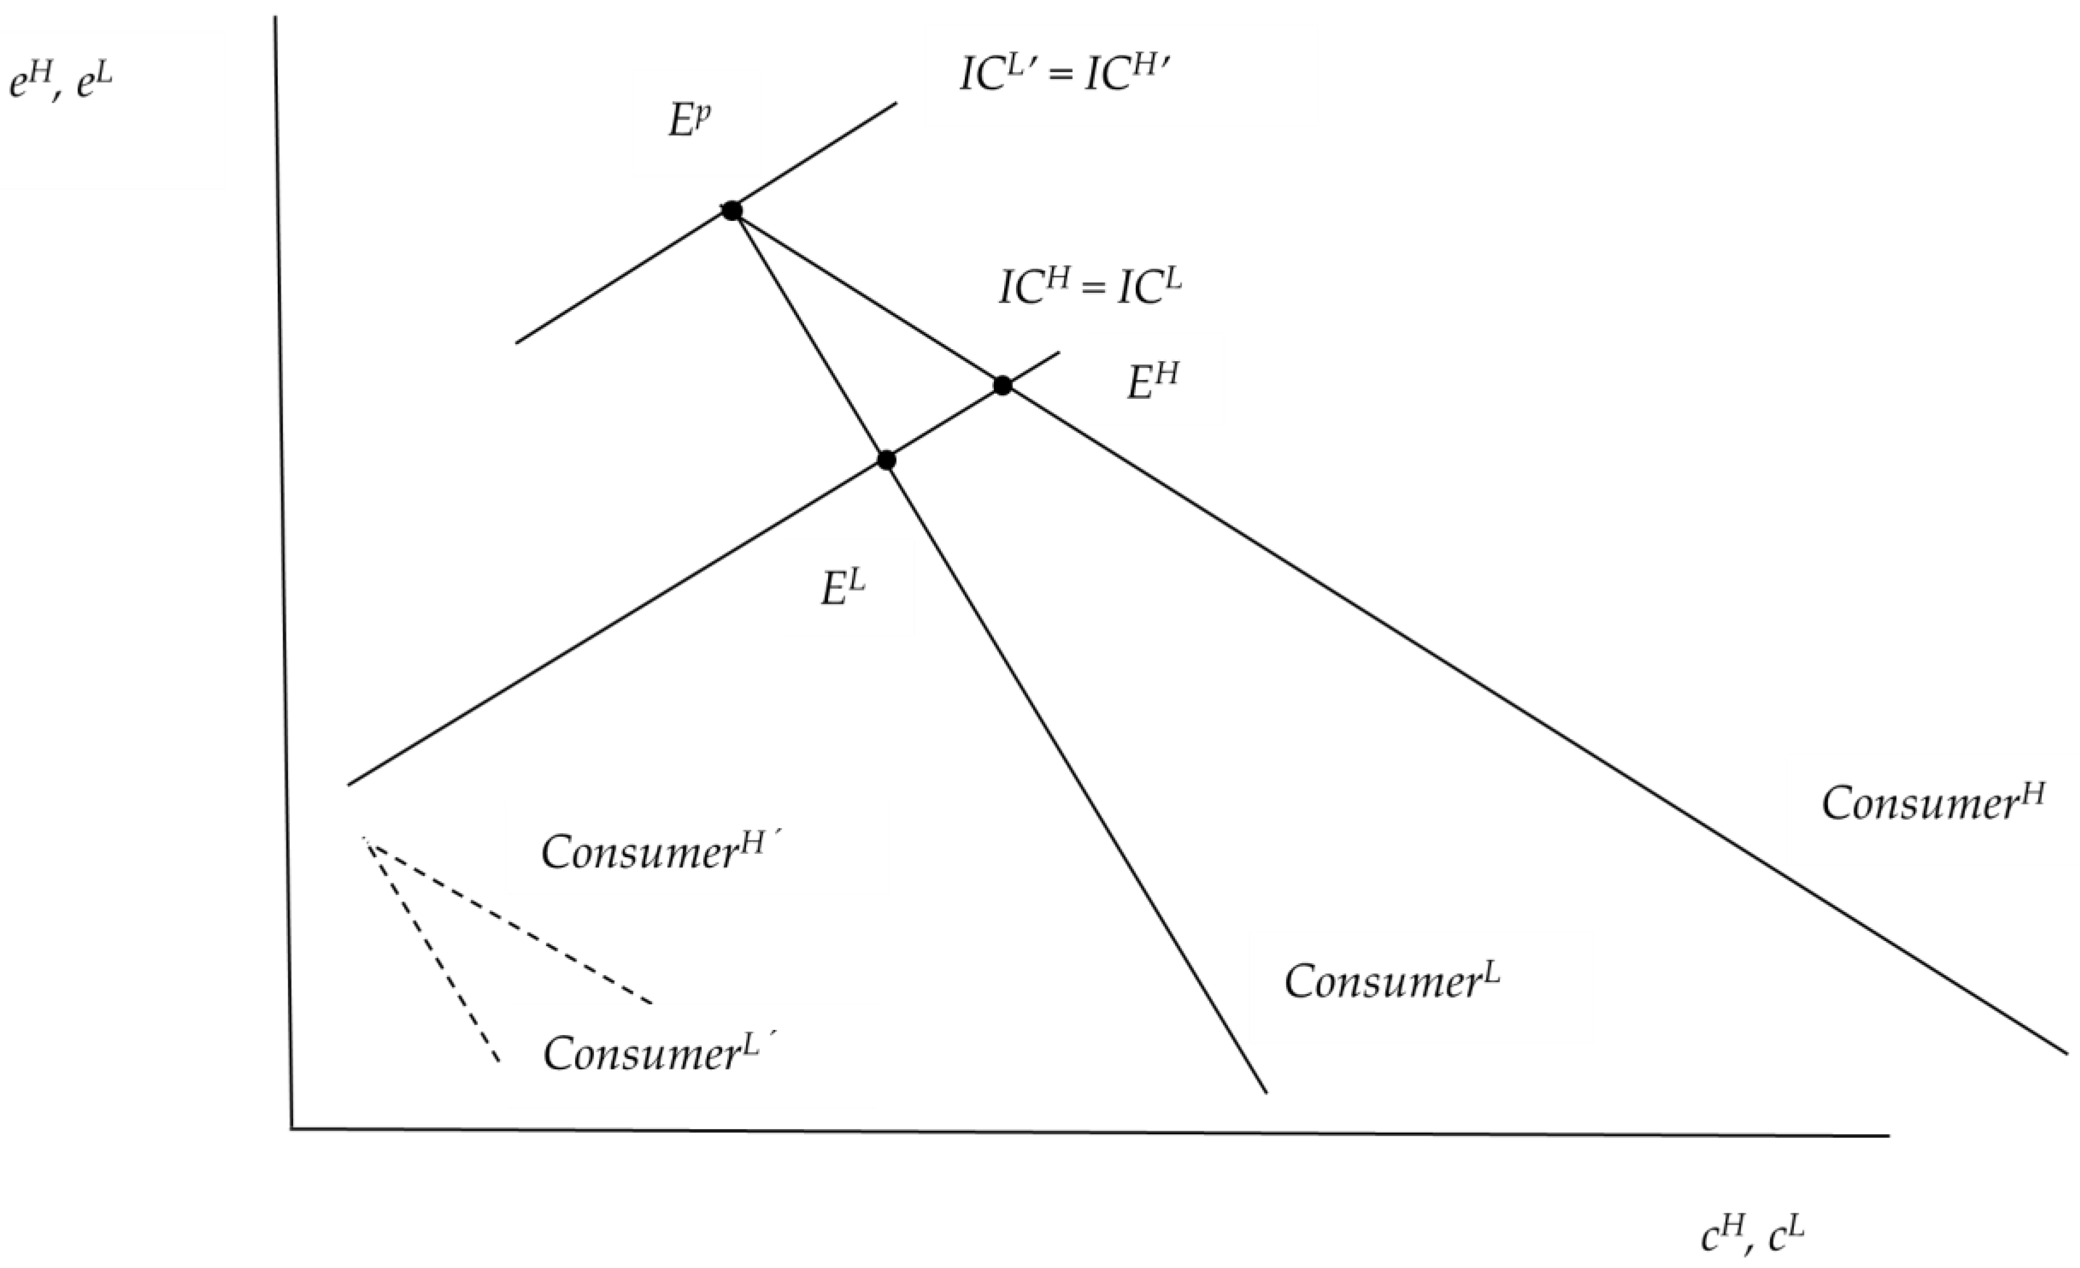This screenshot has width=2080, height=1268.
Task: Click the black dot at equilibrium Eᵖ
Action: pyautogui.click(x=731, y=210)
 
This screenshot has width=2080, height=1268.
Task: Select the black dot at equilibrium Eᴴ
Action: pyautogui.click(x=1002, y=386)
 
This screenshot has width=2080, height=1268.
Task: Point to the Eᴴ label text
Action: pyautogui.click(x=1152, y=382)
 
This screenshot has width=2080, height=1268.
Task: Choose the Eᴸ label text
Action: pyautogui.click(x=844, y=589)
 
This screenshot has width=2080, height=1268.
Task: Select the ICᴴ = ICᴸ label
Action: pyautogui.click(x=1090, y=287)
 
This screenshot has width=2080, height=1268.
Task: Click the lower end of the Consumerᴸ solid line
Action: pyautogui.click(x=1266, y=1093)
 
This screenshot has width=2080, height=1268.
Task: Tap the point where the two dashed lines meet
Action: pyautogui.click(x=364, y=838)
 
